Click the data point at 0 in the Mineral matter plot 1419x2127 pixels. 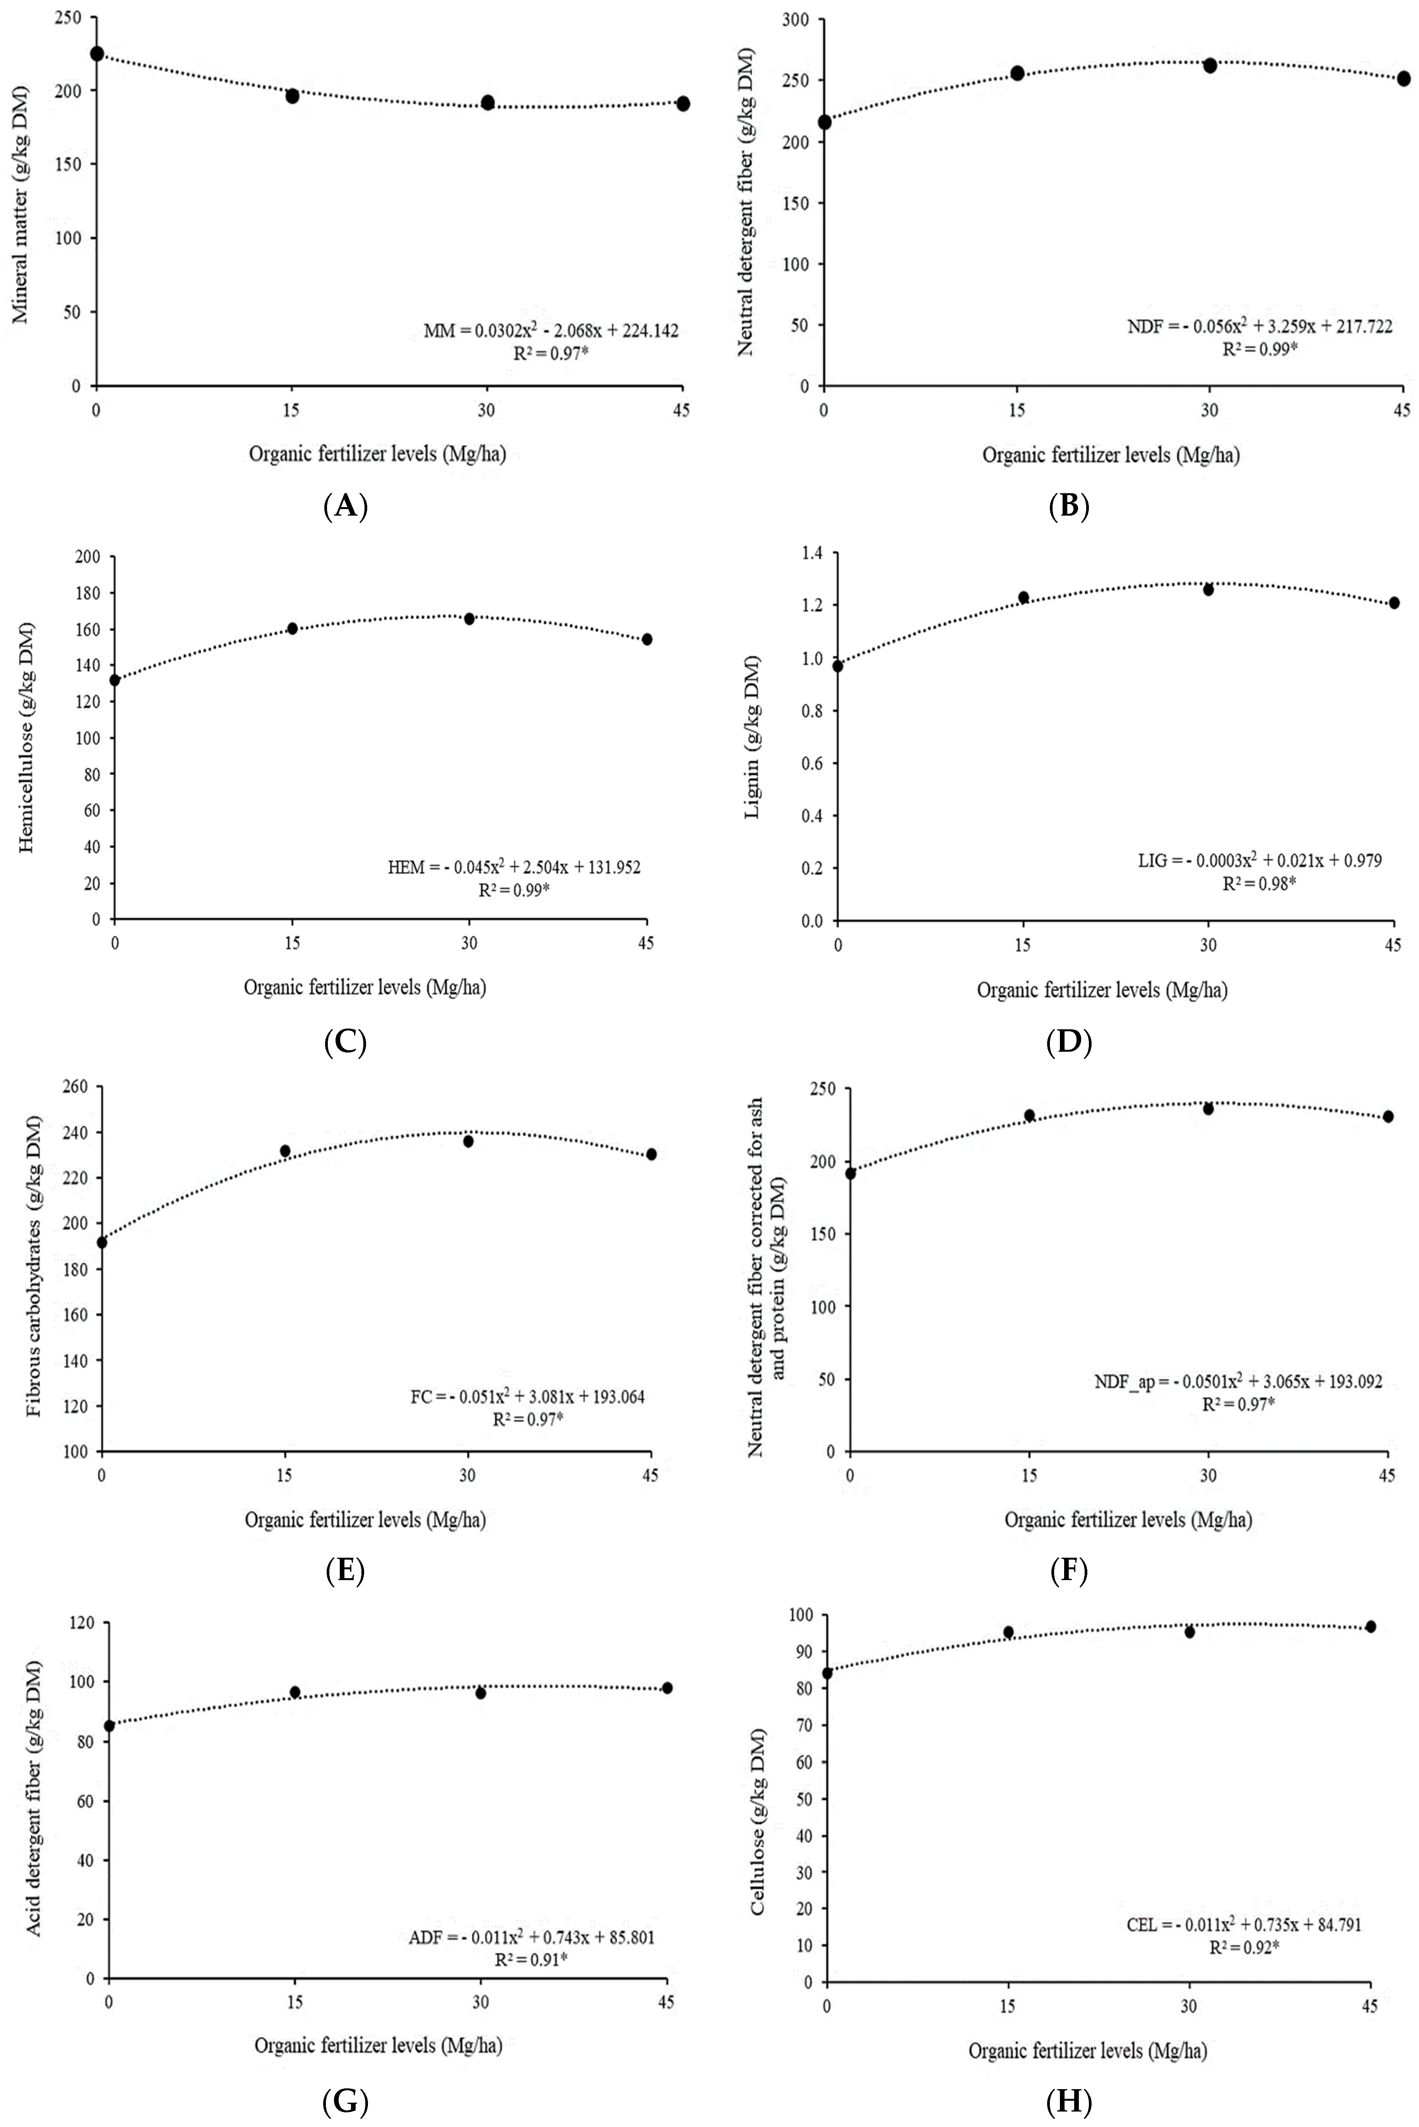(97, 54)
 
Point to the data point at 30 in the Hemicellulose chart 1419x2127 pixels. (469, 618)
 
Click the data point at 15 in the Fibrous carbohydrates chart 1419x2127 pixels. (285, 1150)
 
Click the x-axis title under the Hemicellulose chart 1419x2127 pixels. (365, 988)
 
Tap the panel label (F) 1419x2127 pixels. (1069, 1571)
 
